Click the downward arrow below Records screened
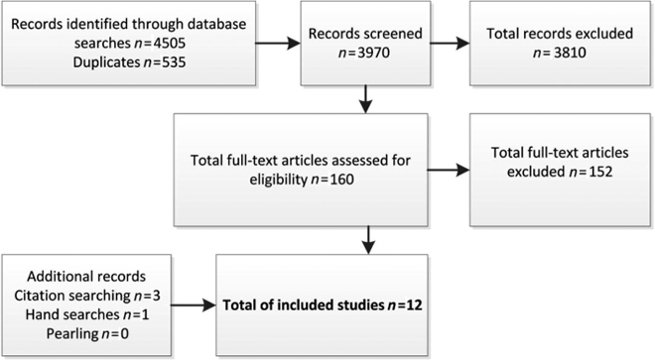coord(369,100)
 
